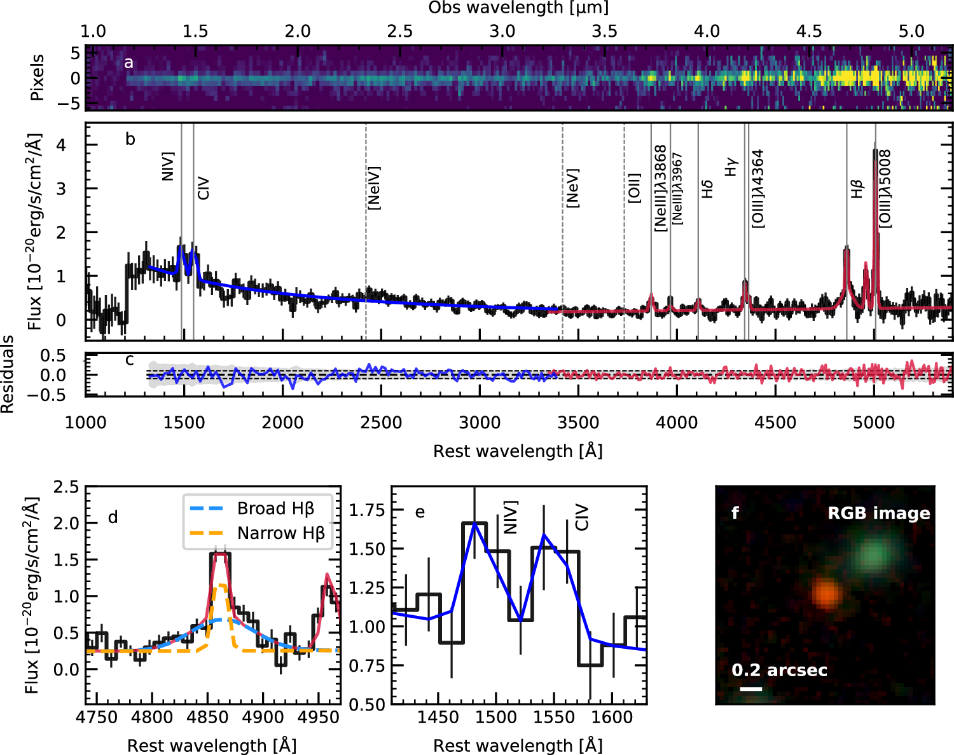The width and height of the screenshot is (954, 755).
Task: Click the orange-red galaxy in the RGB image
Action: tap(827, 594)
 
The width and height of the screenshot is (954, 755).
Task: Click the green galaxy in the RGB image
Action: tap(874, 555)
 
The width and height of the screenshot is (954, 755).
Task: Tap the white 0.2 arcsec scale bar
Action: tap(751, 688)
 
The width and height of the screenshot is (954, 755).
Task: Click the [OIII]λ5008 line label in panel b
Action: tap(885, 188)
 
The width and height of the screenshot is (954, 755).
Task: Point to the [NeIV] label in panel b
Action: tap(374, 188)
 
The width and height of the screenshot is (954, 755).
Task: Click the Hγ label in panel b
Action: tap(731, 167)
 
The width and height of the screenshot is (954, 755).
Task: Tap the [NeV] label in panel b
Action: tap(572, 188)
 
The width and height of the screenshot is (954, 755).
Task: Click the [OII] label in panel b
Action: tap(634, 188)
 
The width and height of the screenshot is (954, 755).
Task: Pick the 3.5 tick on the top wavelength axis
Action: tap(604, 32)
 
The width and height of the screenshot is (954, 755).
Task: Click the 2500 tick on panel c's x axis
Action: tap(381, 423)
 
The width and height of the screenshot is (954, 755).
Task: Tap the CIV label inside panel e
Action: tap(581, 518)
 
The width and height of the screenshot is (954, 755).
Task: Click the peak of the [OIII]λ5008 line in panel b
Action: tap(875, 151)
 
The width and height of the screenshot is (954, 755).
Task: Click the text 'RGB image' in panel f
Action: tap(878, 514)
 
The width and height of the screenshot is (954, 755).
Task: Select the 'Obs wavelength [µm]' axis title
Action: tap(518, 8)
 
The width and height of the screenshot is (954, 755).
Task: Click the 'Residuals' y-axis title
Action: tap(8, 375)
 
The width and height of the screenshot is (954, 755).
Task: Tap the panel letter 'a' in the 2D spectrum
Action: tap(129, 62)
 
